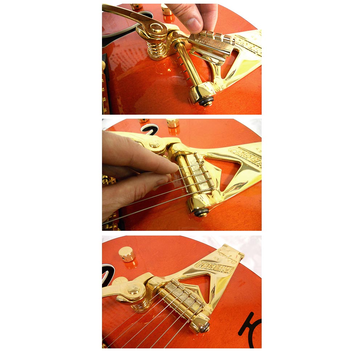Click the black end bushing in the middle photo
(201, 213)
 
